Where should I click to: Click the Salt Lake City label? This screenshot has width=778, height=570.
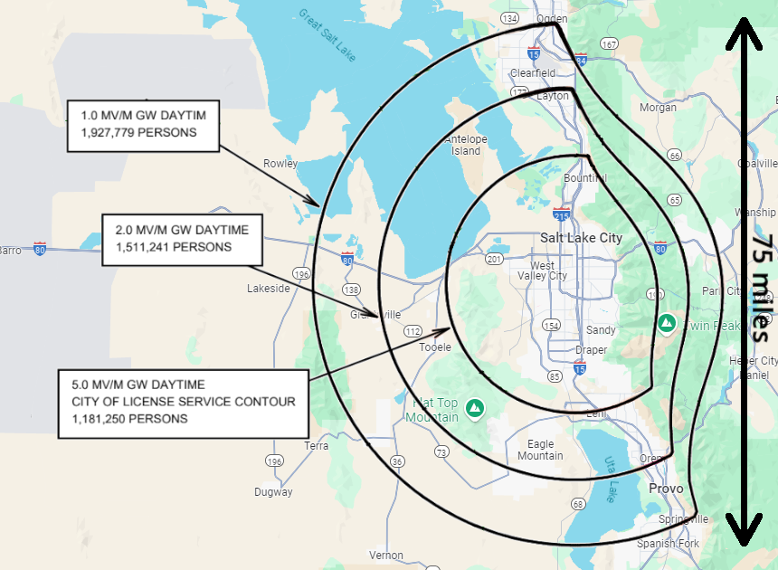(581, 237)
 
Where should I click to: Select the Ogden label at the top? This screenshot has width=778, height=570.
(551, 18)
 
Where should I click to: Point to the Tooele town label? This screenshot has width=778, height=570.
(434, 347)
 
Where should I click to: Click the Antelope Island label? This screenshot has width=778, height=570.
(466, 145)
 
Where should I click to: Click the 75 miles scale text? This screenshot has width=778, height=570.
(762, 288)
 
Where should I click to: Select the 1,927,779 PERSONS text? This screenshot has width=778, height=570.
(138, 132)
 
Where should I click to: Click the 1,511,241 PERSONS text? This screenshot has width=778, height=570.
(174, 246)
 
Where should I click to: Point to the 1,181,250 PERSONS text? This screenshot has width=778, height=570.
(130, 419)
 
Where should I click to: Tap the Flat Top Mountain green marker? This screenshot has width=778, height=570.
(473, 410)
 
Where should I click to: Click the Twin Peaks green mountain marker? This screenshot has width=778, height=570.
(667, 322)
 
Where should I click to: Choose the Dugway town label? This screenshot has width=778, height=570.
(273, 492)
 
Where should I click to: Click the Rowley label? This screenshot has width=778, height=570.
(280, 164)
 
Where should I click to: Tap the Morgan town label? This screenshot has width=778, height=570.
(658, 107)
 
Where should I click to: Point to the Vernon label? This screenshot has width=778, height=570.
(386, 555)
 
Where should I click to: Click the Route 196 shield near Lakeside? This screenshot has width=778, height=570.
(301, 273)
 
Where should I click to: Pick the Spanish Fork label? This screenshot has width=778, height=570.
(669, 543)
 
